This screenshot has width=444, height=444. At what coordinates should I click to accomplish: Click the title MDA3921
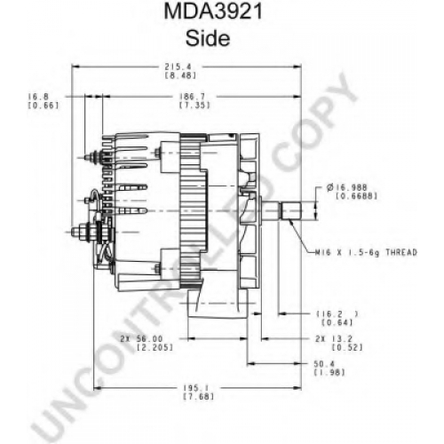(x=213, y=12)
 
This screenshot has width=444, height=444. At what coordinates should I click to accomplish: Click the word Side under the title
(x=208, y=38)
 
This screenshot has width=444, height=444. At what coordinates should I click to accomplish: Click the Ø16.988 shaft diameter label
(x=347, y=187)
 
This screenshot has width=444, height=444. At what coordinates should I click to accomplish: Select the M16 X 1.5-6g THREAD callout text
(x=366, y=252)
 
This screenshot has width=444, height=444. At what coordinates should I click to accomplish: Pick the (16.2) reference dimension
(x=337, y=313)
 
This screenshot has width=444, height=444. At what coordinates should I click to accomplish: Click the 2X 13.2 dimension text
(x=334, y=338)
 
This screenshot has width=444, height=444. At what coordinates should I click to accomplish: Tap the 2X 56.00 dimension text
(x=141, y=338)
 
